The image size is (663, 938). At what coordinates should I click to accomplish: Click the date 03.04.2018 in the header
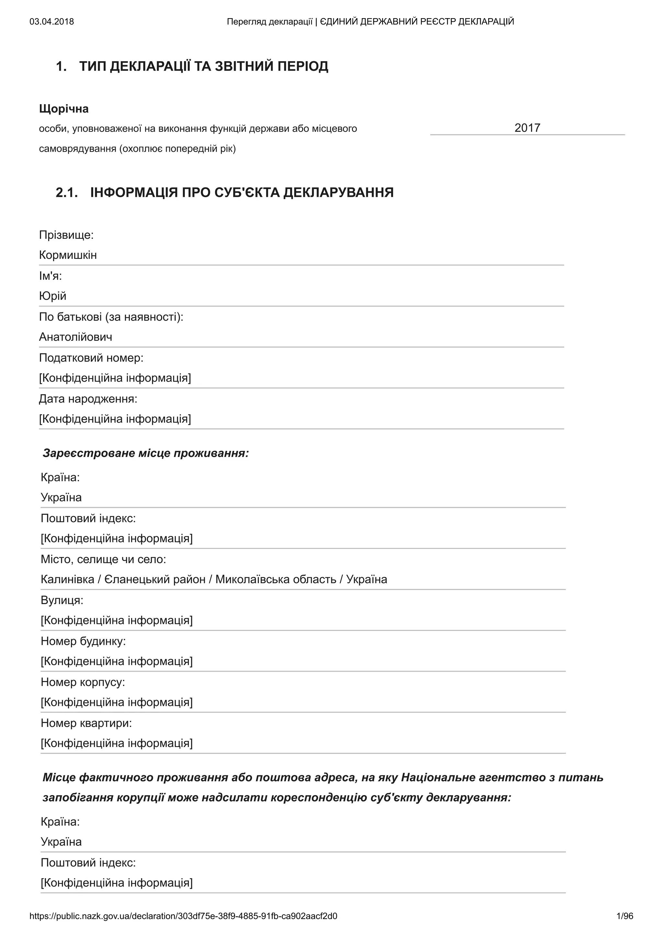[x=51, y=22]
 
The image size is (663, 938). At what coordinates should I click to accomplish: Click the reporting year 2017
[x=527, y=128]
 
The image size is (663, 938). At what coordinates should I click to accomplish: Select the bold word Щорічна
[x=64, y=109]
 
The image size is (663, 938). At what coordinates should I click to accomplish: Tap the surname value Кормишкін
[x=68, y=255]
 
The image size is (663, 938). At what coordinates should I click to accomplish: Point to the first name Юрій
[x=52, y=296]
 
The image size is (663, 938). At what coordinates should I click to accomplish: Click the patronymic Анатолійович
[x=75, y=337]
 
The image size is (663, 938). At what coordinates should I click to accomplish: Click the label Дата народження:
[x=88, y=398]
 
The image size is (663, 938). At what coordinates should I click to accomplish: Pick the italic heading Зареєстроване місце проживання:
[x=145, y=453]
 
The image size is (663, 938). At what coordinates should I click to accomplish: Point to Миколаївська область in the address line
[x=276, y=579]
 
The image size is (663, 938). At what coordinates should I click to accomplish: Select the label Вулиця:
[x=62, y=600]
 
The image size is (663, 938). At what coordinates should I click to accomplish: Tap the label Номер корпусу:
[x=83, y=682]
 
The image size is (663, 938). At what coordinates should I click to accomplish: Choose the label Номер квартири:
[x=86, y=723]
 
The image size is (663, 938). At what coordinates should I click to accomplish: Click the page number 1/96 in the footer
[x=624, y=916]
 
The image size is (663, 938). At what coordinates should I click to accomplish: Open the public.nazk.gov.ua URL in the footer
[x=184, y=916]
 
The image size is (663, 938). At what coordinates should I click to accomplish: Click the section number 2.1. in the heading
[x=67, y=192]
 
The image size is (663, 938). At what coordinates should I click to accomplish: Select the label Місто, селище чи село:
[x=103, y=559]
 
